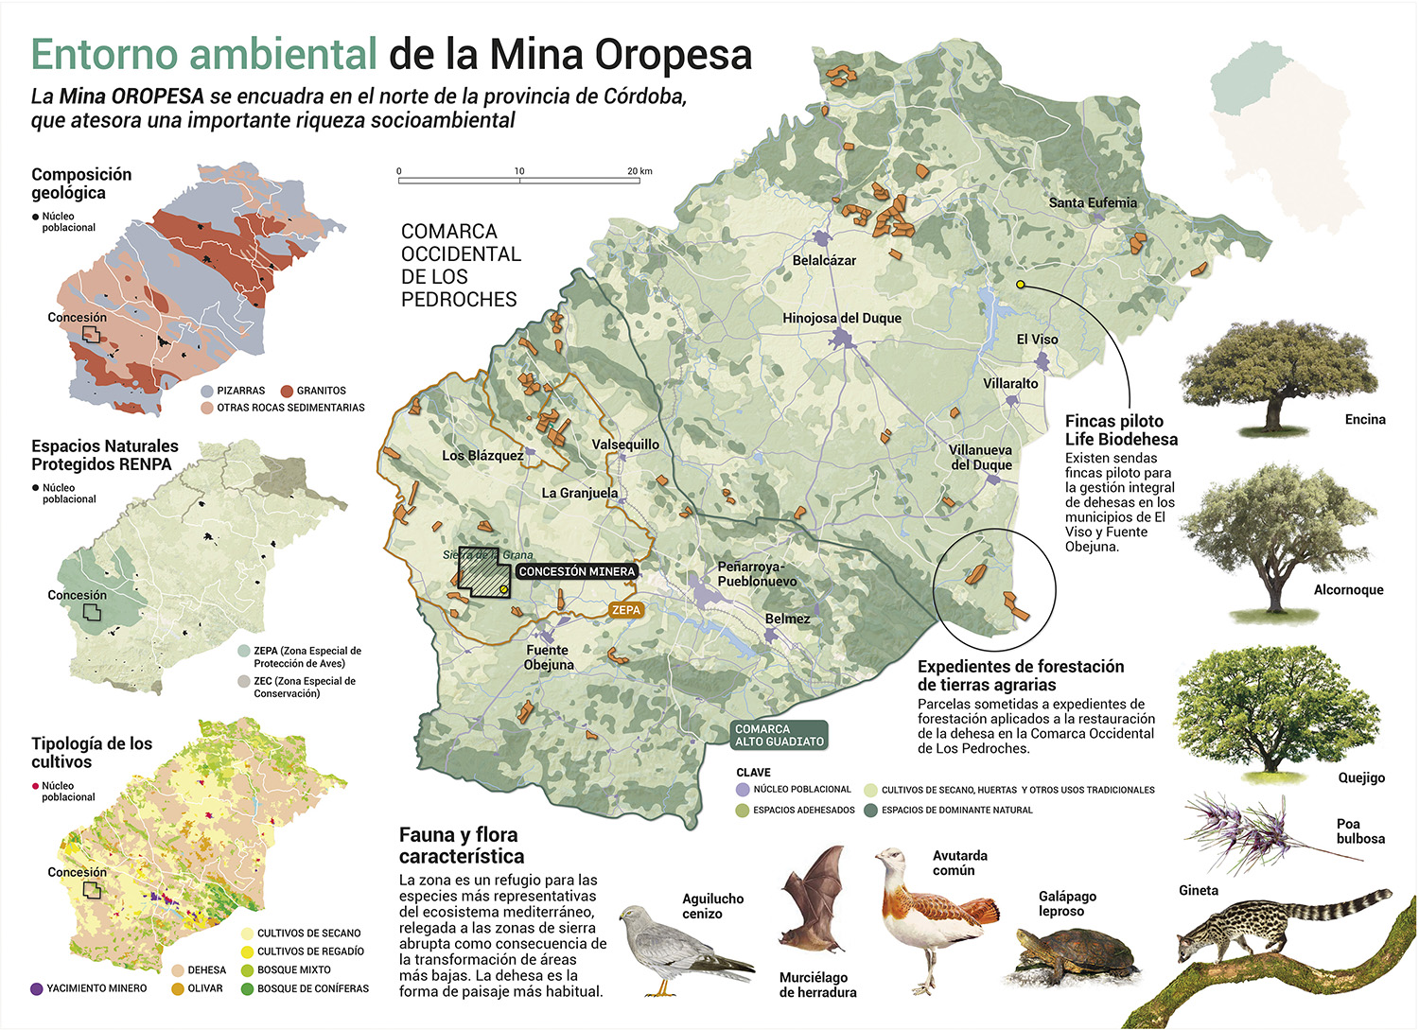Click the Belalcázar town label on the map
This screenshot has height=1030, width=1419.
[x=824, y=260]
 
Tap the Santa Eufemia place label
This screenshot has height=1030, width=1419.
[x=1093, y=202]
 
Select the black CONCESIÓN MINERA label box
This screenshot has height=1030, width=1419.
[x=576, y=571]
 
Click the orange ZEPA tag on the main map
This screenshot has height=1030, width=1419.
[x=626, y=610]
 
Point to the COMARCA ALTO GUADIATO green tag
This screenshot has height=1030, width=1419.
[x=779, y=735]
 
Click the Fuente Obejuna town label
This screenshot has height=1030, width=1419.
[x=548, y=657]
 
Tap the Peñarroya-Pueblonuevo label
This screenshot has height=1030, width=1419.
[x=757, y=574]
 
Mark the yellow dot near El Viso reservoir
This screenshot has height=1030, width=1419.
[x=1021, y=284]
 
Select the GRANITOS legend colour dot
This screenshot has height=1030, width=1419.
[x=287, y=391]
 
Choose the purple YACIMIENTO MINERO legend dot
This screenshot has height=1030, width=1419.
[x=37, y=988]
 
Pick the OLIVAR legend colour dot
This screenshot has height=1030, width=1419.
[x=178, y=988]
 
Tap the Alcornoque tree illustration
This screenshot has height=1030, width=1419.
[x=1273, y=539]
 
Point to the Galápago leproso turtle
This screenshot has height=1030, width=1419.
[x=1075, y=955]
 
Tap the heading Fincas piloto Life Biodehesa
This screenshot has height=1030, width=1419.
[x=1121, y=430]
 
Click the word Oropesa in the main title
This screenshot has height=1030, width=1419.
[x=673, y=54]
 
